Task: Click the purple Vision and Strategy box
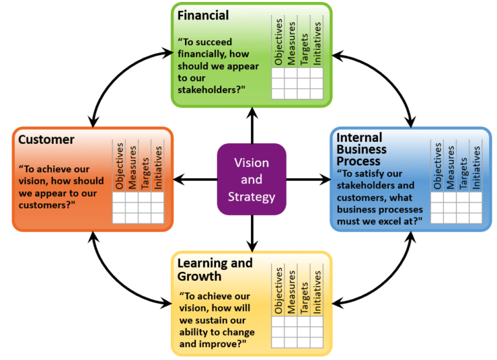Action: point(251,179)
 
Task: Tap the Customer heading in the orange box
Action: point(46,139)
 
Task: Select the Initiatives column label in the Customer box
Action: point(158,166)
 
